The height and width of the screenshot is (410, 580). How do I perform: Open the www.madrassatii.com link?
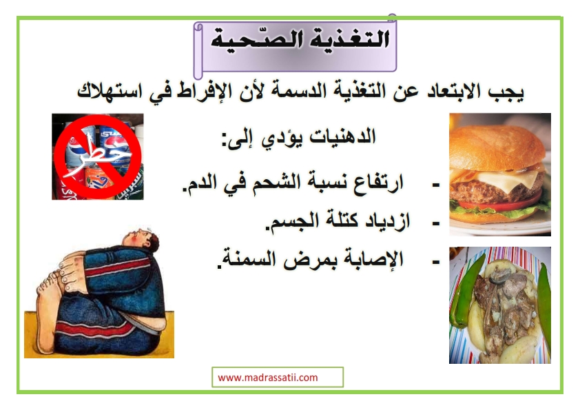click(x=268, y=378)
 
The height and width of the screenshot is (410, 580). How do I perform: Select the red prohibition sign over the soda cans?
click(x=98, y=157)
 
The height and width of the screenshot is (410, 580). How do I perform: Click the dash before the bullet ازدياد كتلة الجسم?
click(x=436, y=223)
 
